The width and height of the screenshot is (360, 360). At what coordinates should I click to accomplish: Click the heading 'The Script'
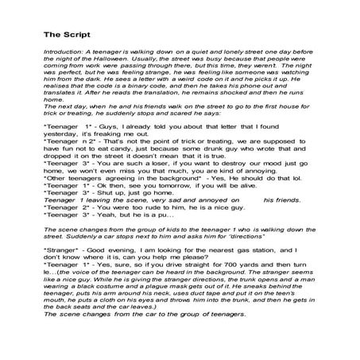[x=66, y=34]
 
